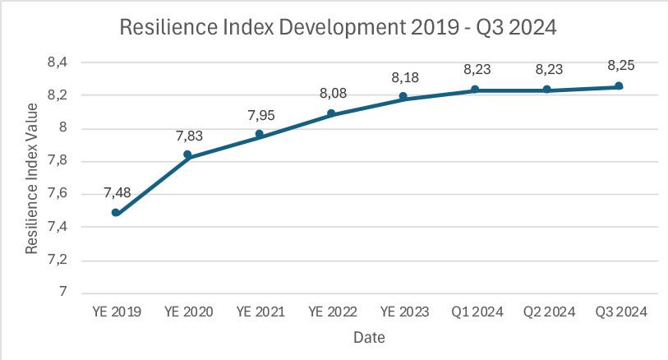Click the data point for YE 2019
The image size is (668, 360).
click(x=116, y=213)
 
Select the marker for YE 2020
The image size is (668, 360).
click(x=187, y=155)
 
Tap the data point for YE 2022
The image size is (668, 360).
click(x=331, y=113)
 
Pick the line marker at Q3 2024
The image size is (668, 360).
click(x=619, y=86)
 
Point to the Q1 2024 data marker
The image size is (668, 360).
click(x=475, y=90)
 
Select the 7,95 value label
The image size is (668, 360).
click(x=260, y=115)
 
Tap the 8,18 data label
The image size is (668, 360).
click(x=403, y=77)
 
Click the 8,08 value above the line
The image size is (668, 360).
click(x=332, y=95)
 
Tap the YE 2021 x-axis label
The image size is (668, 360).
click(x=260, y=312)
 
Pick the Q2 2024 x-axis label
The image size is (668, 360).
click(x=547, y=312)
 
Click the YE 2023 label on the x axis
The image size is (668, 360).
click(x=403, y=312)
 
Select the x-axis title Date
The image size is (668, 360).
click(x=369, y=337)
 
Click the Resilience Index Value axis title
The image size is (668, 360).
click(x=31, y=178)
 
